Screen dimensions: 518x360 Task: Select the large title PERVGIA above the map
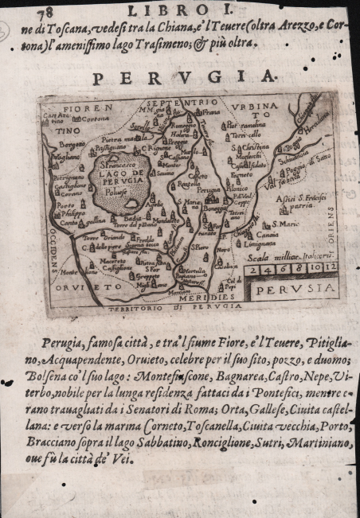185,78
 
